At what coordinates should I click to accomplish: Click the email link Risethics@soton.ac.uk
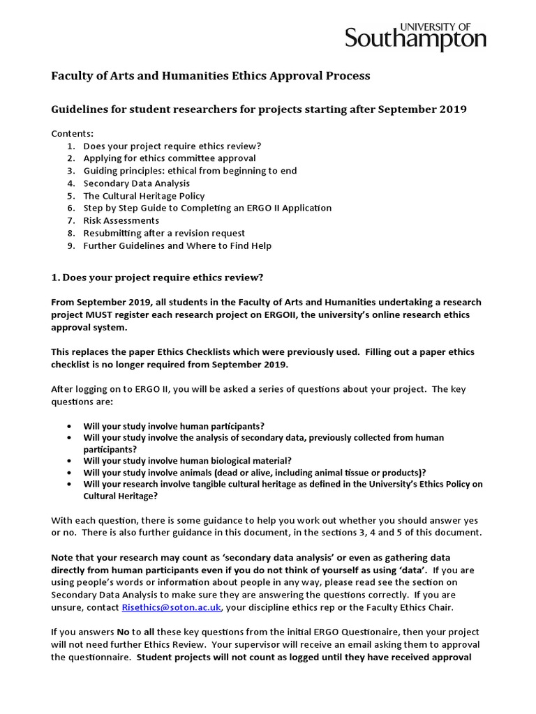tap(171, 607)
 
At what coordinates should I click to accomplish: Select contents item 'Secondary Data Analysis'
tap(136, 183)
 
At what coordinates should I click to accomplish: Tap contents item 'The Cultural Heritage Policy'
tap(144, 196)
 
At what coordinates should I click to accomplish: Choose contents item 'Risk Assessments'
tap(121, 220)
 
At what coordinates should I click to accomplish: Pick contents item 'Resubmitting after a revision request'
tap(164, 233)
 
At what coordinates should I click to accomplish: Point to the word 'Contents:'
tap(72, 133)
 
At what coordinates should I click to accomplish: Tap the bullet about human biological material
tap(187, 459)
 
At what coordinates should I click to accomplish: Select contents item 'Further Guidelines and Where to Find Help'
tap(177, 245)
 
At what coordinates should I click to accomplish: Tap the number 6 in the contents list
tap(70, 208)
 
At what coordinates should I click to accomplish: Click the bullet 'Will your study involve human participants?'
tap(174, 425)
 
